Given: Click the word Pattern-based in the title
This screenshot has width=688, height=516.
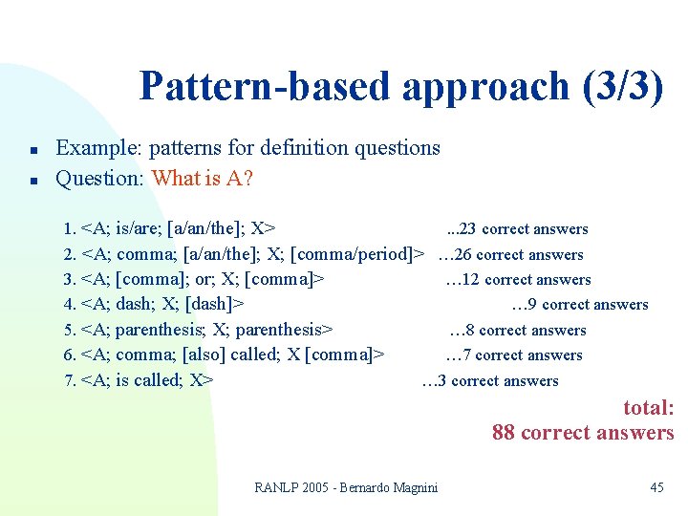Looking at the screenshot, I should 265,87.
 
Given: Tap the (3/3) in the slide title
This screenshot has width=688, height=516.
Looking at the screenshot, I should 621,87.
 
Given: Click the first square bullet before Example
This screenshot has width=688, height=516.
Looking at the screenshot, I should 32,150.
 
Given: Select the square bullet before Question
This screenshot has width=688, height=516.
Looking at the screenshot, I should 32,180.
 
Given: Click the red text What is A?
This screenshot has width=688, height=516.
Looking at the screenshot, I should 202,179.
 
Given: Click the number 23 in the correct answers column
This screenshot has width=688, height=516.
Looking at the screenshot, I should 468,229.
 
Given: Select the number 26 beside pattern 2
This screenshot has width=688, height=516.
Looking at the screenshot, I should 462,255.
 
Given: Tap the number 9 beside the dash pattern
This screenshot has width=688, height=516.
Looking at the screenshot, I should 532,305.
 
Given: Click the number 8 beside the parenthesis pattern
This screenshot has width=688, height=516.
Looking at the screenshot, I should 470,331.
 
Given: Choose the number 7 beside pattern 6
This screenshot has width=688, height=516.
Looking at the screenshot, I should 466,355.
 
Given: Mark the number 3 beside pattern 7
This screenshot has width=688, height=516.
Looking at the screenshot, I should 441,381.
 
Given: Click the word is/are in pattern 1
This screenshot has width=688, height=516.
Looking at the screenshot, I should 138,229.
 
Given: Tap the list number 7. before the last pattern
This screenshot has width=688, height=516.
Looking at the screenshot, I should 69,381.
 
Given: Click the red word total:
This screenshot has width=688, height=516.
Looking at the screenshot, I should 648,408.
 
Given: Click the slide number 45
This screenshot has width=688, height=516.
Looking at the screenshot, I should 656,488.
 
